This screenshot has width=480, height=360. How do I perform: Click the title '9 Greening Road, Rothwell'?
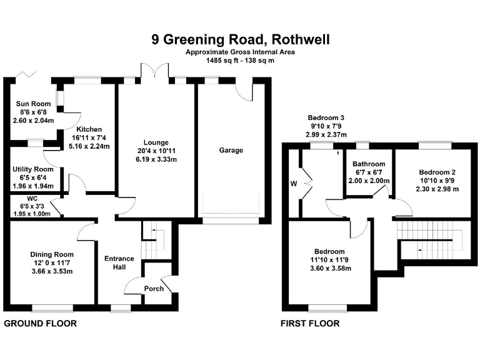coord(240,40)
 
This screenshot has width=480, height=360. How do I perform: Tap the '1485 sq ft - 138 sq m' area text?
coord(240,61)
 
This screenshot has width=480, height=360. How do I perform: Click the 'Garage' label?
coord(231,150)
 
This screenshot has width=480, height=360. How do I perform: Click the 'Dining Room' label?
coord(52,254)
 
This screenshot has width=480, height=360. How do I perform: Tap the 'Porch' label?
coord(154,288)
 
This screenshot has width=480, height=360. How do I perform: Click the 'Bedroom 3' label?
coord(326,117)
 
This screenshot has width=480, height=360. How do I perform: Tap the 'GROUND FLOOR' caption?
coord(41,323)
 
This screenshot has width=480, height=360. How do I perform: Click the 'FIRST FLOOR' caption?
coord(310,323)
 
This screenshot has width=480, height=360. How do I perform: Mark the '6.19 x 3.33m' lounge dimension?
coord(156,160)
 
